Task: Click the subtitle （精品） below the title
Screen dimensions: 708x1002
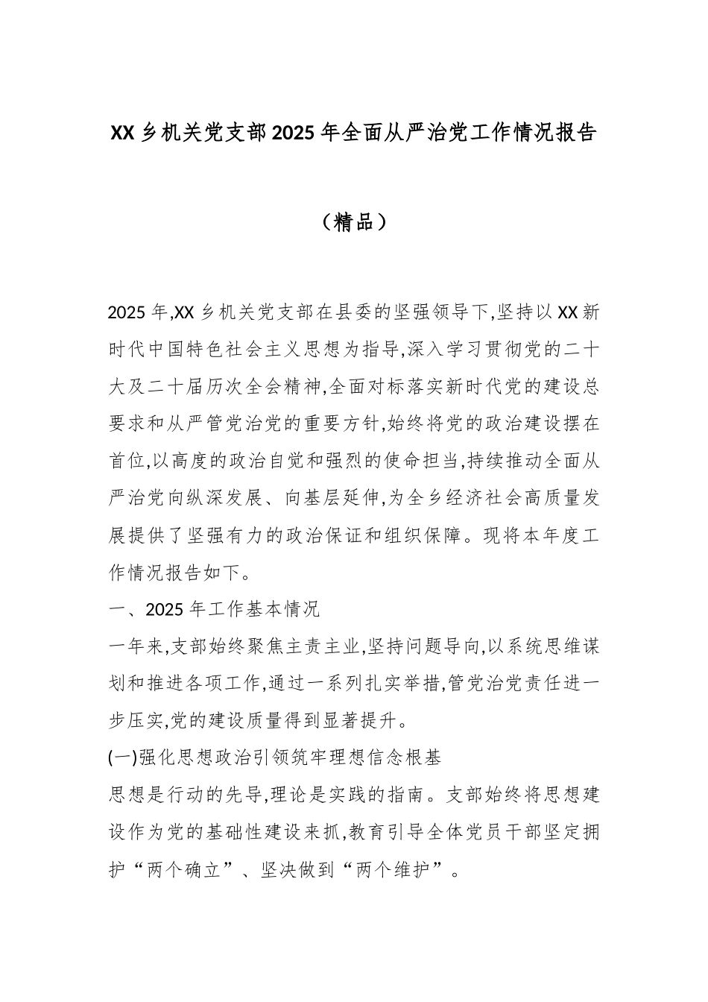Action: click(354, 221)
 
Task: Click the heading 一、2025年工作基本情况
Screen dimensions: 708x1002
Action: click(215, 610)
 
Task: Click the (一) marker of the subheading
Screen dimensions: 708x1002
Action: click(121, 758)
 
